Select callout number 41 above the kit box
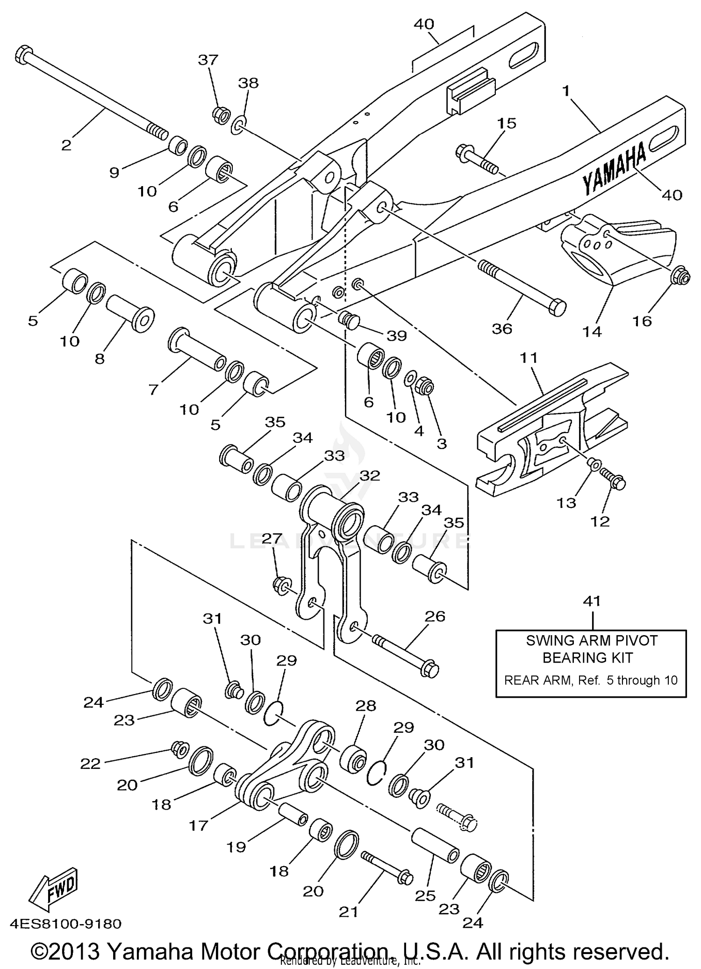tap(592, 601)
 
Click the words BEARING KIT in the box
tap(587, 658)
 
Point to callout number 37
tap(208, 60)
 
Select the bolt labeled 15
tap(477, 159)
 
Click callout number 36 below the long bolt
tap(502, 329)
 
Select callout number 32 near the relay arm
tap(370, 476)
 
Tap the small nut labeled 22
tap(179, 748)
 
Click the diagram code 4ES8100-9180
tap(65, 924)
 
